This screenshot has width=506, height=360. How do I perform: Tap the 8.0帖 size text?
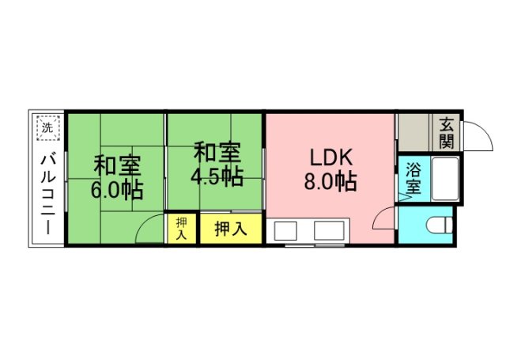coord(330,181)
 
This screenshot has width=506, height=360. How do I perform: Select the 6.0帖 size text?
coord(117,190)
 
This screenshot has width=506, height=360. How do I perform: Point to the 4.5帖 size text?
coord(216,175)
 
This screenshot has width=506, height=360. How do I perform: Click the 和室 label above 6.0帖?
coord(117,166)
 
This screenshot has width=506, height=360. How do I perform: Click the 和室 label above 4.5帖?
coord(216,151)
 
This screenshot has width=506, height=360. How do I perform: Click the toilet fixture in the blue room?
coord(438,225)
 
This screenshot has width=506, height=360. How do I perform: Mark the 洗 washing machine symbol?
coord(47,127)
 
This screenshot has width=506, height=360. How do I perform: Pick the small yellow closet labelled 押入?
coord(181,229)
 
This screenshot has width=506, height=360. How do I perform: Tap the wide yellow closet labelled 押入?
coord(229,229)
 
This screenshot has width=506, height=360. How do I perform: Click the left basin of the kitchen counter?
coord(285,232)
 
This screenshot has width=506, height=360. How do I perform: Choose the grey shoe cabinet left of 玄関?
coord(413,132)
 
